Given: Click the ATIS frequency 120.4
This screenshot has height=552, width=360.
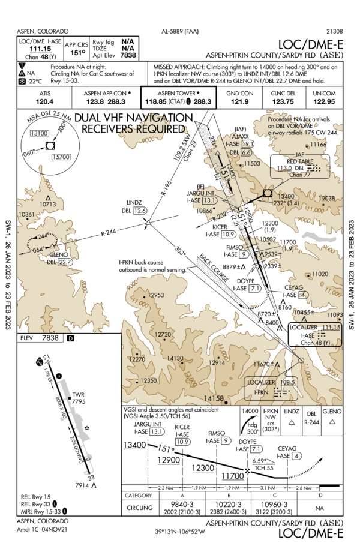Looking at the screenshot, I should click(45, 103).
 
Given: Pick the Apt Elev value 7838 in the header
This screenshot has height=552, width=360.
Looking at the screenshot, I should click(128, 55).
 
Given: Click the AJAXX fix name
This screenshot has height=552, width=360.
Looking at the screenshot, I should click(239, 136).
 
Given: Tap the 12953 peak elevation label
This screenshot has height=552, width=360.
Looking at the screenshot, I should click(156, 295).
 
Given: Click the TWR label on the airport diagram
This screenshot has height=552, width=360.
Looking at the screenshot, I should click(79, 395).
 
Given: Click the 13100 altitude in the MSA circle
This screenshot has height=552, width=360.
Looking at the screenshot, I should click(40, 133).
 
